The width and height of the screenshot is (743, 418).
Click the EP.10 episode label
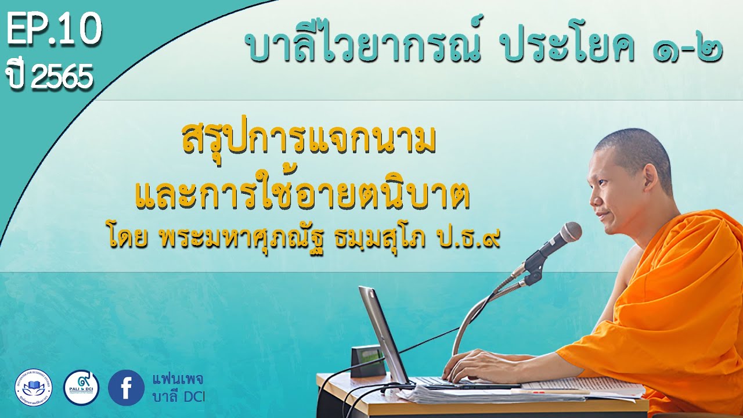pyautogui.click(x=54, y=32)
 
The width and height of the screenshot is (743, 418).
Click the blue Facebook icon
pyautogui.click(x=126, y=387)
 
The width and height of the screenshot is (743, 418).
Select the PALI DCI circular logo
pyautogui.click(x=81, y=387)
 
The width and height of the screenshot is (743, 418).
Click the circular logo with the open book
pyautogui.click(x=33, y=387)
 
